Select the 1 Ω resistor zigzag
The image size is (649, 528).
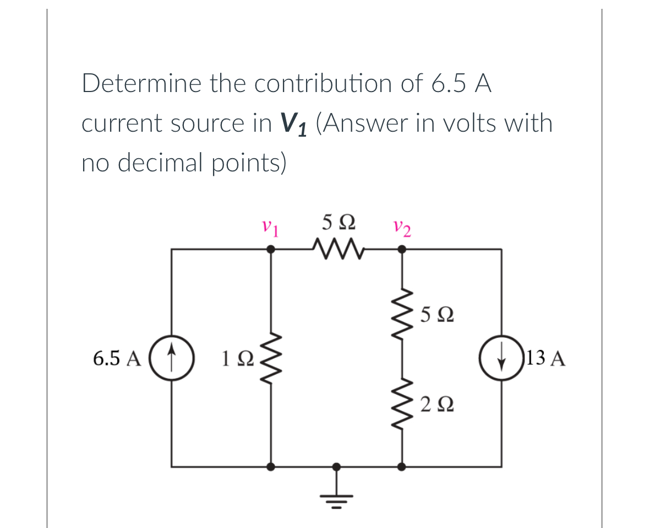[270, 358]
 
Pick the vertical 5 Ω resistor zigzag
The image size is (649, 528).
[402, 314]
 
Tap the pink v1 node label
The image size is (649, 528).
[270, 227]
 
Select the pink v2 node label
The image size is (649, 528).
[402, 227]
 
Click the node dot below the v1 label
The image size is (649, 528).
[270, 250]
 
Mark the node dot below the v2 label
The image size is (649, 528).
[402, 250]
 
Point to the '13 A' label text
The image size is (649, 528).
[546, 359]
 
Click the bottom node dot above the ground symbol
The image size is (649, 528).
[337, 467]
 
